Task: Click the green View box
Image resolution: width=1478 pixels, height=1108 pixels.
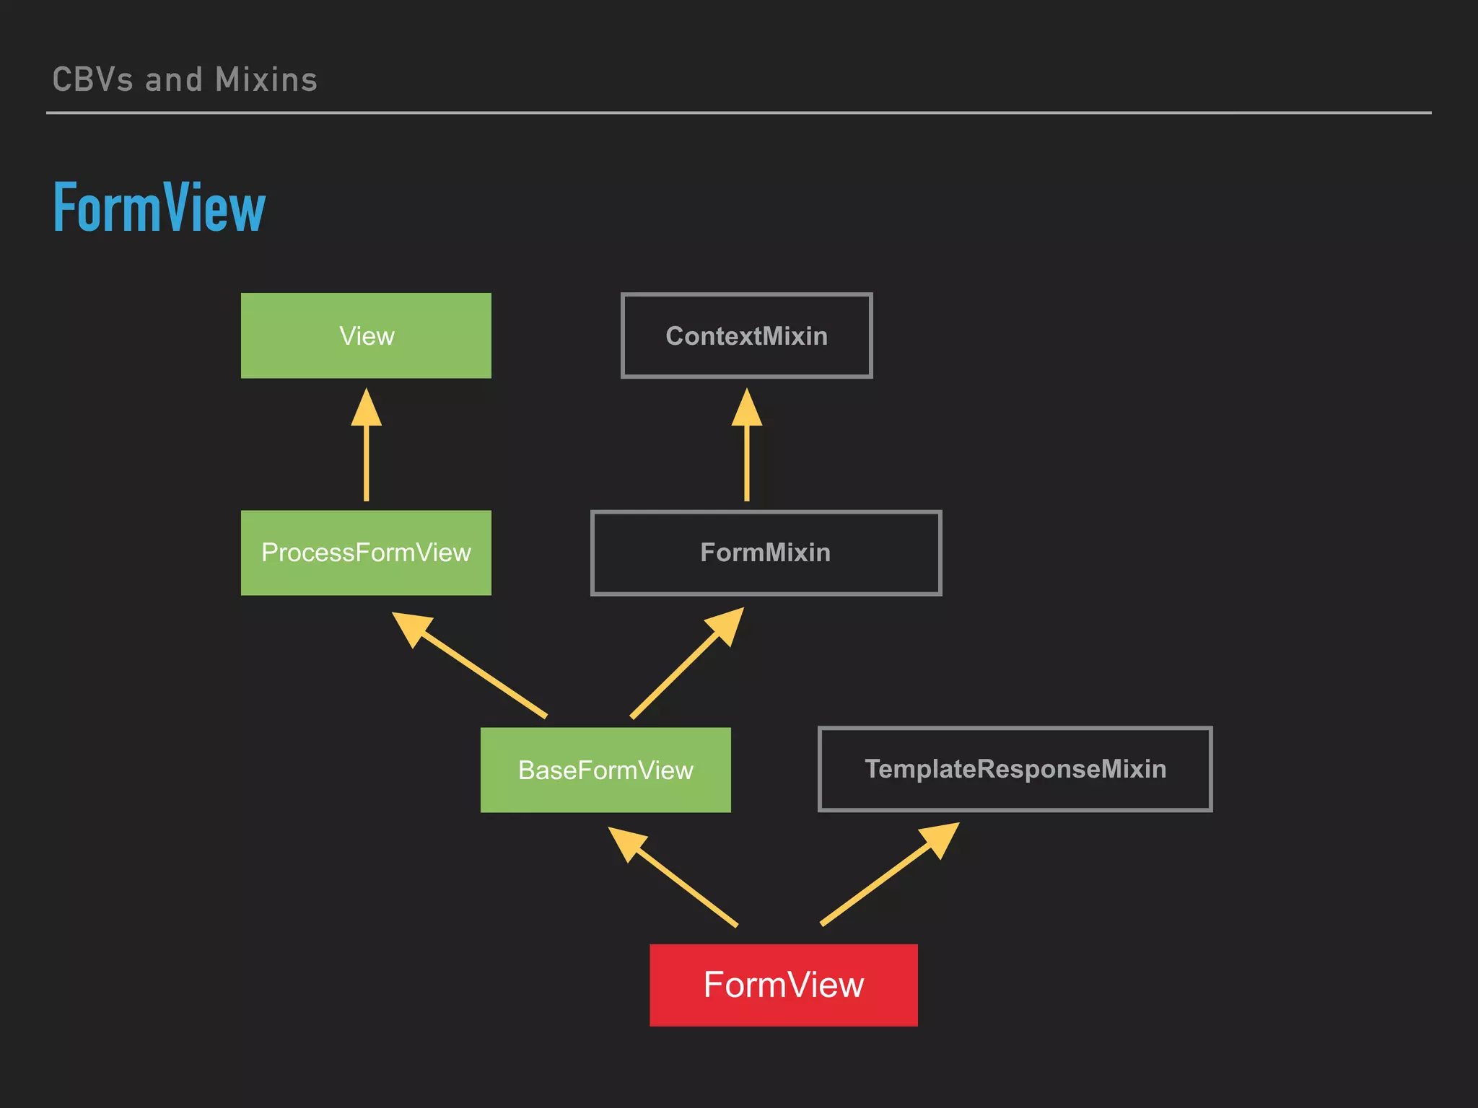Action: [366, 335]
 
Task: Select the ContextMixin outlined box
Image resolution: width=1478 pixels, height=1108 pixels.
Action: [746, 335]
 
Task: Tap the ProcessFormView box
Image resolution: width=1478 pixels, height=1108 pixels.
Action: [366, 553]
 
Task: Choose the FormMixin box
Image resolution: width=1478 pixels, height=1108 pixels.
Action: [766, 553]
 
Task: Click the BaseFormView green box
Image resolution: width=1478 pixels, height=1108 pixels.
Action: [605, 770]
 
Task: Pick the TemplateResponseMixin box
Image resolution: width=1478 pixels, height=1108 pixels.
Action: [1015, 769]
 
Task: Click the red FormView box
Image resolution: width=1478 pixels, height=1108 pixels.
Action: [783, 985]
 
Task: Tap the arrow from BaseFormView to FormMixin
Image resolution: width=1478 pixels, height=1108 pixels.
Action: [682, 668]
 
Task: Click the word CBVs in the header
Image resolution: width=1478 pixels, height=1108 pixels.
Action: [92, 80]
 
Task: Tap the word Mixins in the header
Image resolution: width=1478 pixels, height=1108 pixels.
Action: [266, 80]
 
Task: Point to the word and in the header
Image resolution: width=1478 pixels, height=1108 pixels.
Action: [173, 80]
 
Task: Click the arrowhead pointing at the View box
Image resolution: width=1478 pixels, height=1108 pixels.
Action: [367, 408]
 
